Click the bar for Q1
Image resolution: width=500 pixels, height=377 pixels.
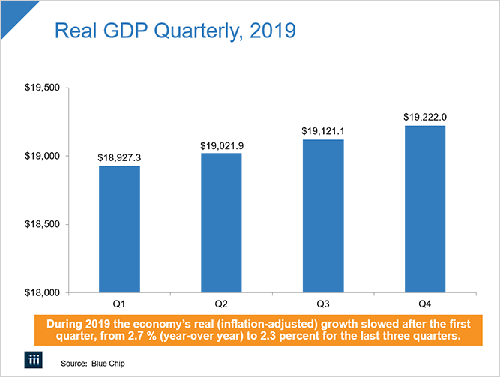118,229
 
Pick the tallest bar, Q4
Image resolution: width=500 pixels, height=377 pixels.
425,209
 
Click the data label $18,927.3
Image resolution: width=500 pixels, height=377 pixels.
118,158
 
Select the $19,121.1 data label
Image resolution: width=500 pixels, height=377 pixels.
323,132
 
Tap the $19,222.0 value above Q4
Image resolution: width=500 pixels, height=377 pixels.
425,118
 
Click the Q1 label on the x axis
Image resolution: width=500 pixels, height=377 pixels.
118,305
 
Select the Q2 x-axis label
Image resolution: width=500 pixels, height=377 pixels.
221,305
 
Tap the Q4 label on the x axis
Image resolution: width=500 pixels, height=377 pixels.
425,305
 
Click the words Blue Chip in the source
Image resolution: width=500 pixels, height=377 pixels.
109,364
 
